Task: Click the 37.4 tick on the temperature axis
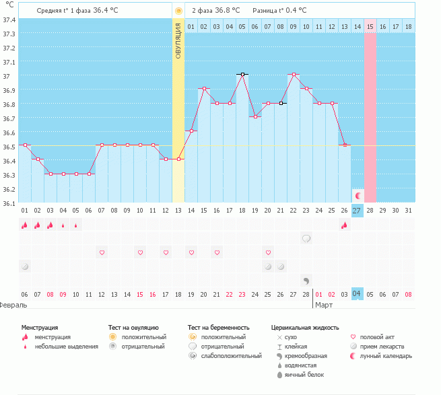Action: pos(9,20)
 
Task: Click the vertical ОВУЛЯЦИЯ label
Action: pos(178,40)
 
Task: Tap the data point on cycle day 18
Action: pos(242,74)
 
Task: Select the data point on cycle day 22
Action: pos(293,74)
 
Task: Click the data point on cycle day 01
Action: pos(25,145)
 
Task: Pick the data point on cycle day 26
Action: pos(344,145)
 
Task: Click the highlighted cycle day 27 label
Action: pos(357,211)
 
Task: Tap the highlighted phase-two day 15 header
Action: pos(370,26)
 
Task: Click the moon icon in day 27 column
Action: pos(358,195)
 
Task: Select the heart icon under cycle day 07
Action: pos(102,252)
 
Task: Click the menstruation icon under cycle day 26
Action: pos(344,225)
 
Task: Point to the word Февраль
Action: pos(13,305)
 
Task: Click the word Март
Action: pos(324,305)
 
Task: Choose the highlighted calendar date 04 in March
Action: pos(357,294)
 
